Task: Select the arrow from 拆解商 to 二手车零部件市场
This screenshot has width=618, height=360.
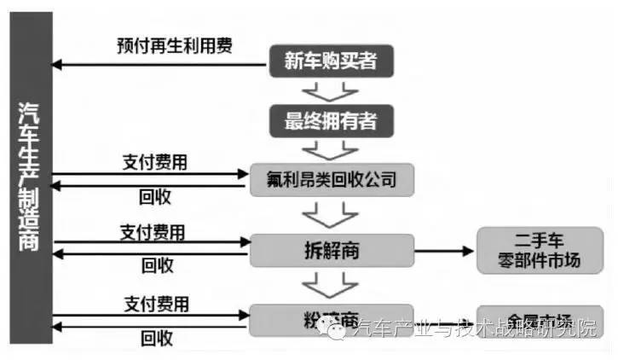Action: pyautogui.click(x=443, y=251)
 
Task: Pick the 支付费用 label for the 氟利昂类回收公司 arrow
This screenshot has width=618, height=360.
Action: pyautogui.click(x=156, y=160)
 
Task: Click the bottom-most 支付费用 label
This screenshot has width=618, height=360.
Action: pyautogui.click(x=157, y=303)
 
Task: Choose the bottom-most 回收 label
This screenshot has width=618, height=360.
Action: pyautogui.click(x=155, y=338)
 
